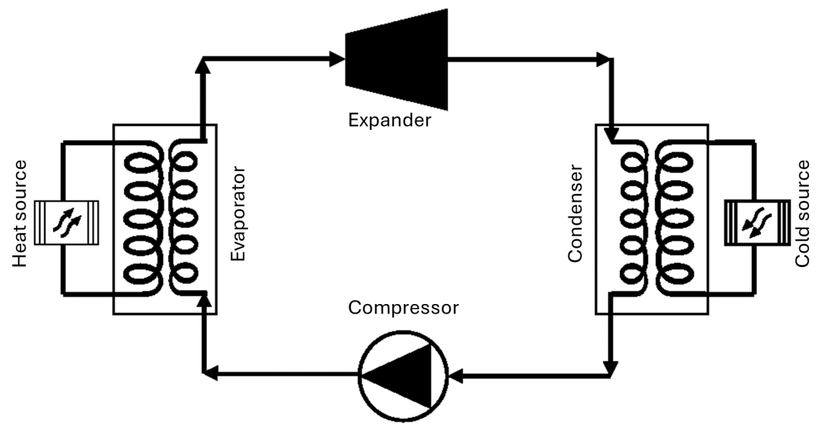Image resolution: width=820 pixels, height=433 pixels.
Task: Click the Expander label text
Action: click(389, 121)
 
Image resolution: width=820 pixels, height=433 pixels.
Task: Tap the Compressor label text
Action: click(403, 308)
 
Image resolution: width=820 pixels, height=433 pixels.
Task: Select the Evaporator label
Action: click(238, 214)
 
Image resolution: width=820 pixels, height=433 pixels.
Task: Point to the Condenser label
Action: click(575, 214)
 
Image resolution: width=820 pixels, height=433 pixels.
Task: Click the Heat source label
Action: click(20, 214)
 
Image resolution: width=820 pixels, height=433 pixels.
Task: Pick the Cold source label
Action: click(802, 214)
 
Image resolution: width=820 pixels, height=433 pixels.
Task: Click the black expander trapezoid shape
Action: click(396, 59)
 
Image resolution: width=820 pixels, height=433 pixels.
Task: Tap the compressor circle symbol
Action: click(403, 376)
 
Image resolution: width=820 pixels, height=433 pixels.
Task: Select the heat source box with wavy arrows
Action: click(66, 223)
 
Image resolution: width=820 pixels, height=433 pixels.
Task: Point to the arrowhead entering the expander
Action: click(336, 59)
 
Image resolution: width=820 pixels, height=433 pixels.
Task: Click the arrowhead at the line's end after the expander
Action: click(604, 59)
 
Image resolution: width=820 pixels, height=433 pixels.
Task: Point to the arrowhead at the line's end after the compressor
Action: click(211, 373)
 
